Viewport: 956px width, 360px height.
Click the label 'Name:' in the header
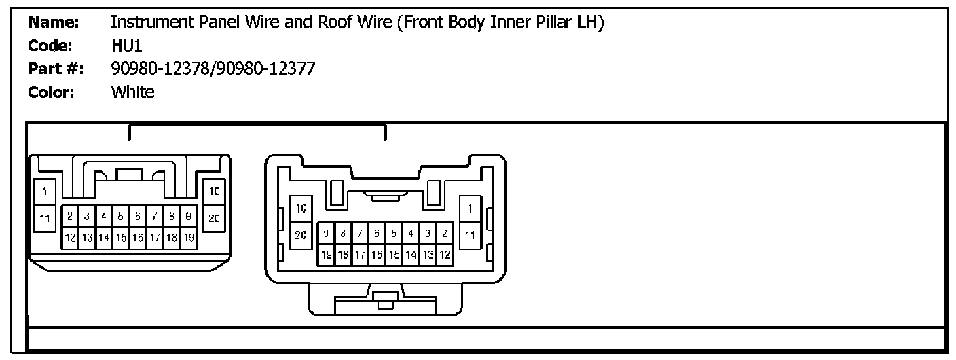tap(54, 22)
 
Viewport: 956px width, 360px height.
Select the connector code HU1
tap(126, 46)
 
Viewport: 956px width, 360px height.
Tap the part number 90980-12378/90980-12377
tap(213, 69)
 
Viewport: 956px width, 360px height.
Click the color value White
tap(132, 92)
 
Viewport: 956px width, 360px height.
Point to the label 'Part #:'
tap(56, 69)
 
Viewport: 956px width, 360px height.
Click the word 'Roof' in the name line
tap(335, 22)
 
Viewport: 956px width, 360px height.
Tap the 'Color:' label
tap(51, 92)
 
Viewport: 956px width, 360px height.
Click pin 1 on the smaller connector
tap(45, 192)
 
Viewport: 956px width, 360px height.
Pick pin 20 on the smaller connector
tap(214, 218)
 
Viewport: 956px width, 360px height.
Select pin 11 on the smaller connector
tap(45, 218)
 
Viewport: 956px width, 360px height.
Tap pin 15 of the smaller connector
tap(121, 238)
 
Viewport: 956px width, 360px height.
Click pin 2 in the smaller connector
tap(70, 217)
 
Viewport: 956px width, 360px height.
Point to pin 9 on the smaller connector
tap(188, 217)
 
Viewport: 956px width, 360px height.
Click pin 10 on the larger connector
tap(301, 208)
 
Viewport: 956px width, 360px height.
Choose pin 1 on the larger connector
tap(470, 208)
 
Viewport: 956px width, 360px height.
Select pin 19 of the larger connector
tap(327, 255)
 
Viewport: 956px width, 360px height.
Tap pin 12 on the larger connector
tap(445, 255)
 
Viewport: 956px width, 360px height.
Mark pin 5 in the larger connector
tap(394, 234)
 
